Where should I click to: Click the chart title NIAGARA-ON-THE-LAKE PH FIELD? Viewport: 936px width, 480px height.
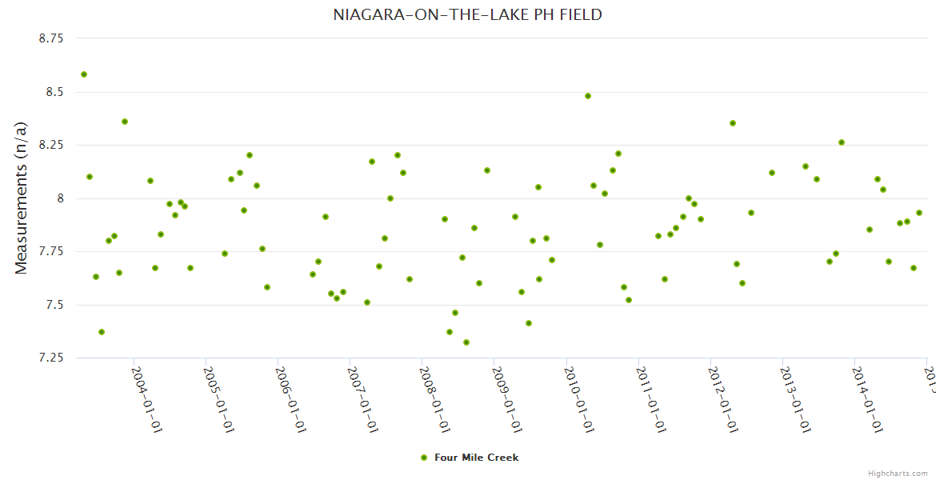pyautogui.click(x=467, y=15)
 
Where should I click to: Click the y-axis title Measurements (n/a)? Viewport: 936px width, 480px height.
pyautogui.click(x=22, y=198)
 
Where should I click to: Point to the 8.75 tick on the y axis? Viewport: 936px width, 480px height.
pyautogui.click(x=51, y=38)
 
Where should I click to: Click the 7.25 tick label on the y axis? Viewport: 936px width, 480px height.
pyautogui.click(x=51, y=358)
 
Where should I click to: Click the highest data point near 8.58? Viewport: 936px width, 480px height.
pyautogui.click(x=84, y=74)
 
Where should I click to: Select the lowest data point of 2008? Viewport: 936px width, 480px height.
pyautogui.click(x=466, y=342)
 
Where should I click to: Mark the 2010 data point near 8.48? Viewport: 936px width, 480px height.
pyautogui.click(x=588, y=96)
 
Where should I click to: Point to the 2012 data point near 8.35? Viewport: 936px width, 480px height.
pyautogui.click(x=733, y=123)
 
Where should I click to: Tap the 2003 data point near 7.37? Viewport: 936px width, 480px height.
pyautogui.click(x=102, y=332)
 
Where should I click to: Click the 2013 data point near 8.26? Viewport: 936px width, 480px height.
pyautogui.click(x=842, y=142)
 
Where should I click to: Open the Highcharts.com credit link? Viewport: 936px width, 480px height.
pyautogui.click(x=898, y=474)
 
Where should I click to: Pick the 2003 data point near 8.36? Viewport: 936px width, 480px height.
pyautogui.click(x=125, y=122)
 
